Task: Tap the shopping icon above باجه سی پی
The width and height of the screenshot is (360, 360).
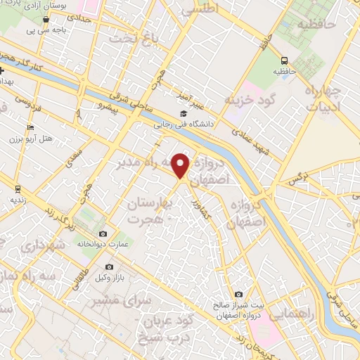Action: pos(46,20)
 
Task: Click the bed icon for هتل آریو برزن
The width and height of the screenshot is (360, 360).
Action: pos(30,127)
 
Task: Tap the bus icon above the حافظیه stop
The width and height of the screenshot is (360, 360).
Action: pos(285,61)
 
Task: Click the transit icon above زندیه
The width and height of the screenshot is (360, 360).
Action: pos(18,188)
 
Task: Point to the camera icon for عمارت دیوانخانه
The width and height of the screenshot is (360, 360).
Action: pos(103,233)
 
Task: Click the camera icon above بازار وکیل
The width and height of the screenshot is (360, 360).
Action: pos(109,267)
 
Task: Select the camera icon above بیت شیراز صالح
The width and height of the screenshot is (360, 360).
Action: pos(238,294)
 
